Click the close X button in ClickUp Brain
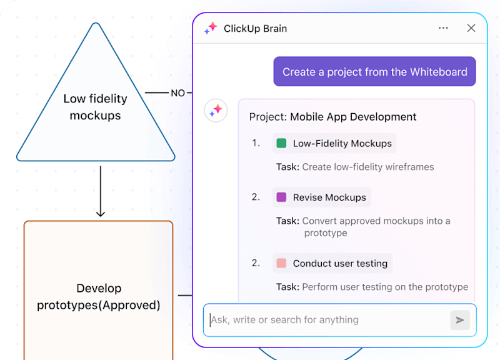click(471, 28)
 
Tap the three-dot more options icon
click(443, 28)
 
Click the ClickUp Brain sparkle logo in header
click(211, 28)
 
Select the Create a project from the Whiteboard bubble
click(374, 72)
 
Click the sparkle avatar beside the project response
click(216, 111)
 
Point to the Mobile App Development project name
click(353, 117)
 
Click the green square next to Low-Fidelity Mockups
click(281, 143)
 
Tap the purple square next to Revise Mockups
click(281, 197)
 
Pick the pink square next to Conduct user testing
click(281, 263)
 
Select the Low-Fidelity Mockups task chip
click(334, 143)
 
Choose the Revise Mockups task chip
click(322, 197)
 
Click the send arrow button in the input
click(460, 320)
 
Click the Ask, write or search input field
click(325, 320)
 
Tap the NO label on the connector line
click(177, 93)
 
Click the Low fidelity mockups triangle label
click(95, 107)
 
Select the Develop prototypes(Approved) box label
click(99, 297)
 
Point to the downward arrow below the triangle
click(100, 191)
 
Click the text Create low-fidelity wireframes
click(367, 167)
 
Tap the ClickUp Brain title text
click(255, 28)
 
